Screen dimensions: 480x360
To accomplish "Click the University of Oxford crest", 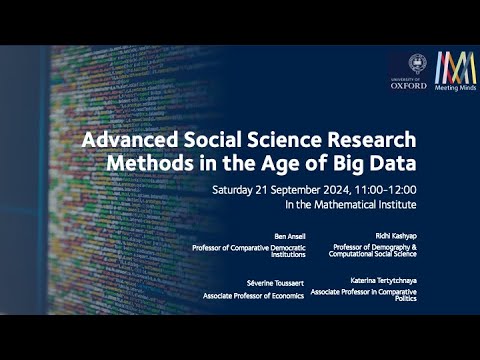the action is pyautogui.click(x=417, y=64).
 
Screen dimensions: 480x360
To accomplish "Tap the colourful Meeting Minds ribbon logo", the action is pyautogui.click(x=455, y=68).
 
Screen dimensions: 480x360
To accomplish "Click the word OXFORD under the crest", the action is pyautogui.click(x=409, y=86).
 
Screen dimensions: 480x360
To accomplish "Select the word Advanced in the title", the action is pyautogui.click(x=130, y=140).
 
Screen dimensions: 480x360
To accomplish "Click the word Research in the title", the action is pyautogui.click(x=372, y=140).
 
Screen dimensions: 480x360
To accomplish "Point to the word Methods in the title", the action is pyautogui.click(x=150, y=163).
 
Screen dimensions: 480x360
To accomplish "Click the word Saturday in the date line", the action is pyautogui.click(x=232, y=190).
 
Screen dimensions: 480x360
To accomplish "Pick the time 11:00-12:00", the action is pyautogui.click(x=385, y=190).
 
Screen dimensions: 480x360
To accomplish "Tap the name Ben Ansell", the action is pyautogui.click(x=290, y=236).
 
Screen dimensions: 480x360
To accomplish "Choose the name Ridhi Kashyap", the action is pyautogui.click(x=396, y=236).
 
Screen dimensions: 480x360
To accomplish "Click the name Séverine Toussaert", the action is pyautogui.click(x=275, y=283).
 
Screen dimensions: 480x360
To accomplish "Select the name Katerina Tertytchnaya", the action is pyautogui.click(x=383, y=281).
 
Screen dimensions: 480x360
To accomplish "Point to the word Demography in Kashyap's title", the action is pyautogui.click(x=391, y=247).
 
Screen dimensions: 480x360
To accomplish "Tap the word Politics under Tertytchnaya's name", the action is pyautogui.click(x=406, y=299).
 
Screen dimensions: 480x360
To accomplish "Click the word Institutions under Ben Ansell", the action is pyautogui.click(x=288, y=255).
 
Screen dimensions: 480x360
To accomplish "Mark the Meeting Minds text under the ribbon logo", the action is pyautogui.click(x=455, y=88).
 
